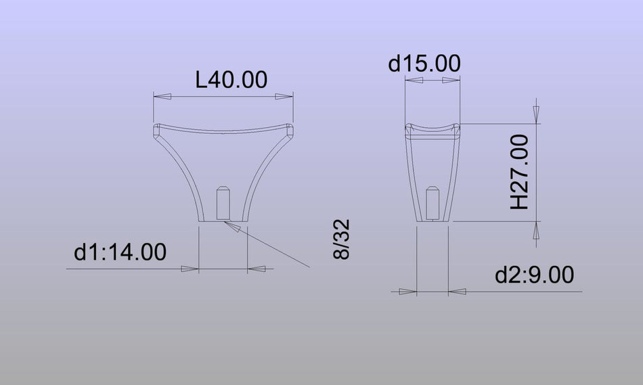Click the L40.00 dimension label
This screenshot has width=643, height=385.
pyautogui.click(x=231, y=80)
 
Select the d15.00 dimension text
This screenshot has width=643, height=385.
pyautogui.click(x=424, y=64)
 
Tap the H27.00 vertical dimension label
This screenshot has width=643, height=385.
pyautogui.click(x=520, y=173)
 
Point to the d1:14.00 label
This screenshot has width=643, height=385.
pyautogui.click(x=120, y=252)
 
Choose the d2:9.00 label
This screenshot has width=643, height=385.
pyautogui.click(x=534, y=275)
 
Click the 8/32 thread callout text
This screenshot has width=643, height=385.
pyautogui.click(x=342, y=239)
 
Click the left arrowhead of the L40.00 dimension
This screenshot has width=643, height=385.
pyautogui.click(x=162, y=96)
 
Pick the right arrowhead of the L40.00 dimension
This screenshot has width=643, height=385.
pyautogui.click(x=284, y=96)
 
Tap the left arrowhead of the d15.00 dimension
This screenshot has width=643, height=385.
pyautogui.click(x=414, y=80)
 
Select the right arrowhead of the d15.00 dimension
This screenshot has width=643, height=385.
pyautogui.click(x=451, y=80)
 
